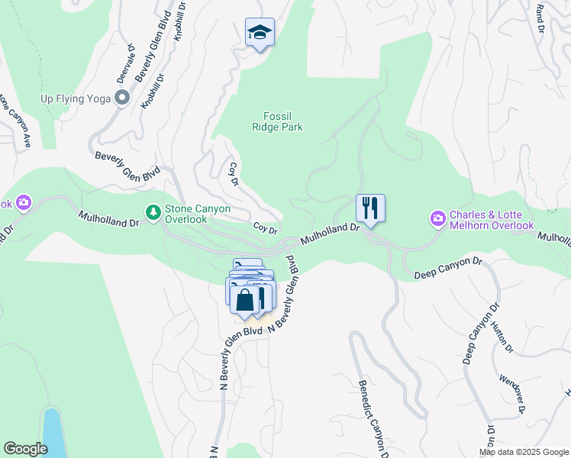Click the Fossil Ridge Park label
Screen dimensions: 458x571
tap(277, 121)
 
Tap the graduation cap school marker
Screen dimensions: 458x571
tap(260, 33)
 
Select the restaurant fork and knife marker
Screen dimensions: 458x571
tap(370, 208)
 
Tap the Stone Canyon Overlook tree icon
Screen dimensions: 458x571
tap(153, 212)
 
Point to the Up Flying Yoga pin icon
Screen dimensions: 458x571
tap(121, 98)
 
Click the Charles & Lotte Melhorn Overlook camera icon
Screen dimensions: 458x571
tap(438, 219)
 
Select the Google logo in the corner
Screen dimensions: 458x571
tap(25, 449)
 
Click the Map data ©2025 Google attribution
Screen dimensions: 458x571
tap(524, 452)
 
